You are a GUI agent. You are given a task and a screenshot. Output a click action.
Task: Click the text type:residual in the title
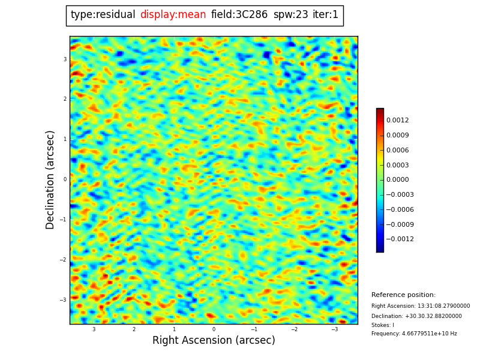point(103,15)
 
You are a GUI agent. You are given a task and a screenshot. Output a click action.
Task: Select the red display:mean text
point(173,15)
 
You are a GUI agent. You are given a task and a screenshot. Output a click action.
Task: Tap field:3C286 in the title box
point(239,15)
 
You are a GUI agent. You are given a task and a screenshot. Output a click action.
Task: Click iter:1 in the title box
point(325,15)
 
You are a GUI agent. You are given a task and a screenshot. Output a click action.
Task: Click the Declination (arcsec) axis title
point(50,179)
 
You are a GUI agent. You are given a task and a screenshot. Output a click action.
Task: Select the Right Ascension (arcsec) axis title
point(214,340)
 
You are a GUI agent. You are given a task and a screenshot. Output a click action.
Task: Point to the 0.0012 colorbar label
point(397,121)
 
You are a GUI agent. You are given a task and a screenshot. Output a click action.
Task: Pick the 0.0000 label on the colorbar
point(397,180)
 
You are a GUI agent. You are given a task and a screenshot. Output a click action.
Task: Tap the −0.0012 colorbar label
point(399,239)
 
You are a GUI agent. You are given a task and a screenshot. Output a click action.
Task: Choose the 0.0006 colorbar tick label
point(397,151)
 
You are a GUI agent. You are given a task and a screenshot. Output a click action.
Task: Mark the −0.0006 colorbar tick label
point(399,210)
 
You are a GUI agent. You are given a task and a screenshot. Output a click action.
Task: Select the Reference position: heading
point(403,295)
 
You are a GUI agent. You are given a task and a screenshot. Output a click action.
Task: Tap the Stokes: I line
point(383,325)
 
